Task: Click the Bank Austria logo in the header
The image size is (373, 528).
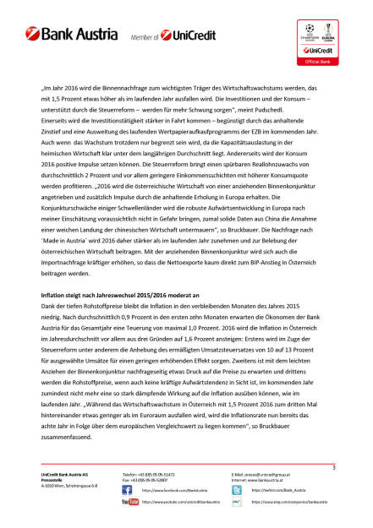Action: (70, 38)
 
